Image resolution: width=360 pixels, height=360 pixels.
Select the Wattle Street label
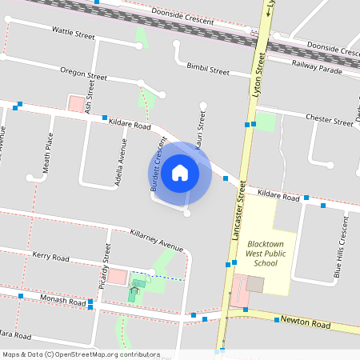(74, 34)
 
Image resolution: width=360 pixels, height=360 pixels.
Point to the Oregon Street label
(83, 74)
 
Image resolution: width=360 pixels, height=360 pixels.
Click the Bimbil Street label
(208, 69)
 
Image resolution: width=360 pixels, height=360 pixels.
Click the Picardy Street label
(104, 270)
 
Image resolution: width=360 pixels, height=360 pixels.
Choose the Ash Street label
(90, 99)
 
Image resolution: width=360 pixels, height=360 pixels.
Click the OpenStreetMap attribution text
(80, 354)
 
